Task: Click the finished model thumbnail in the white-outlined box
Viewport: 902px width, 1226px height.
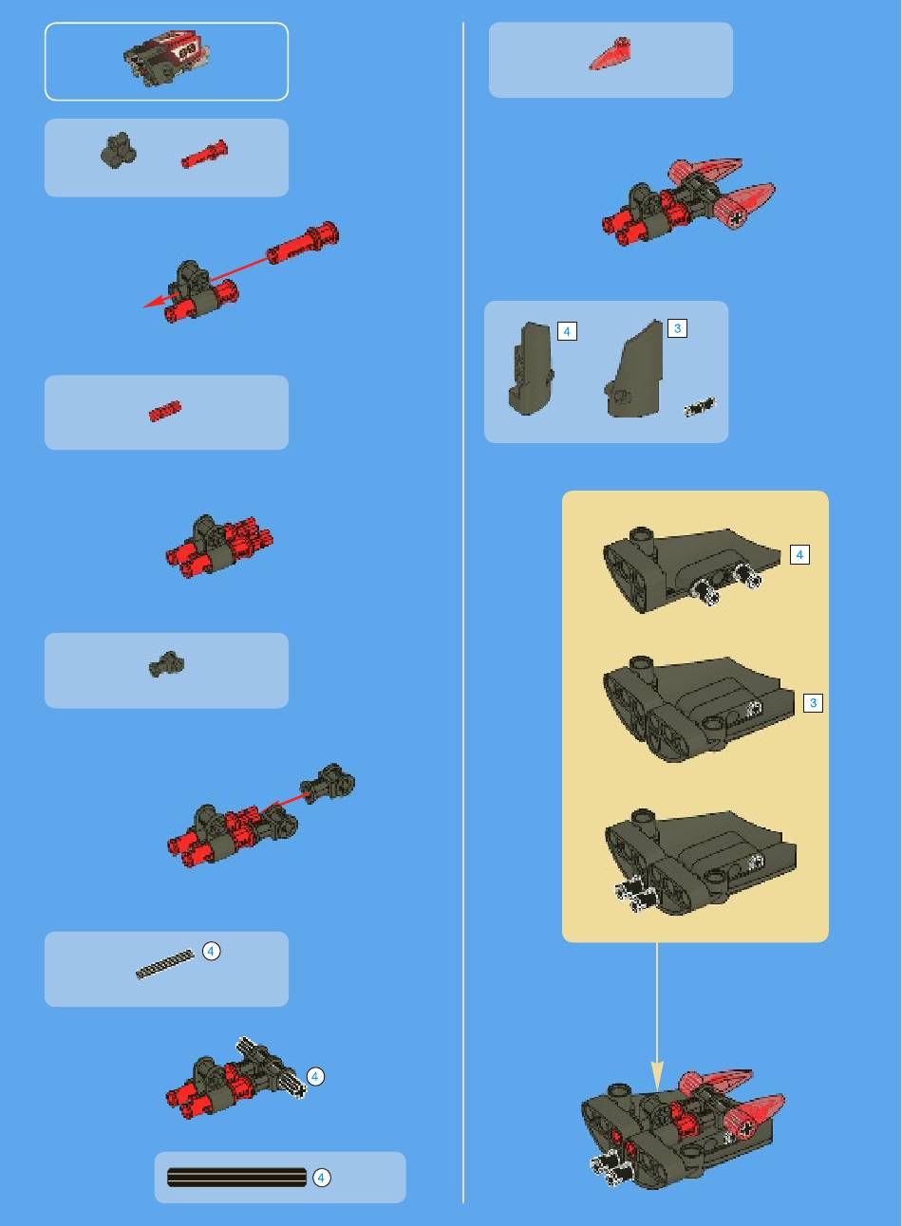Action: pos(166,59)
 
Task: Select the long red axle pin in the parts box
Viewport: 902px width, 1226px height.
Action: pos(204,154)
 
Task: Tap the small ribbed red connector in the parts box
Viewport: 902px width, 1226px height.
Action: pos(165,411)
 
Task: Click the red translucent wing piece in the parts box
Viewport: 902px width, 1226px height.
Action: pos(611,54)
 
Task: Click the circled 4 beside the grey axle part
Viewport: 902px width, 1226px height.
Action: pos(211,951)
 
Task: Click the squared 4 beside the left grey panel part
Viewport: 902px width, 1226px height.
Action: pos(567,331)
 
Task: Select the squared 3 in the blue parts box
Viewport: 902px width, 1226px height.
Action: pos(678,328)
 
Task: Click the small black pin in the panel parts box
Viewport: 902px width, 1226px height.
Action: pos(700,406)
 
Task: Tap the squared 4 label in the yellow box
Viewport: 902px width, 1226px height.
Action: pos(799,554)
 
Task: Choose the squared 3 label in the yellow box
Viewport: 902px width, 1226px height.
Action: pos(814,703)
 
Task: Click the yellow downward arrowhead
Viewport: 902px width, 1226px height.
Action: pos(657,1075)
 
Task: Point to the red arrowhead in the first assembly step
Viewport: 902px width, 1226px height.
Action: pos(155,301)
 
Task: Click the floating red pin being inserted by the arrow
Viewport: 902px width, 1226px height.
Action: pos(303,243)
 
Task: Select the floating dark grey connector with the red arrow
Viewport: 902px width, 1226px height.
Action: pos(328,784)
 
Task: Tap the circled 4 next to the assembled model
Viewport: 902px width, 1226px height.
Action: pos(315,1077)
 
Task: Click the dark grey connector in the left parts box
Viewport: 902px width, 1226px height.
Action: pos(119,151)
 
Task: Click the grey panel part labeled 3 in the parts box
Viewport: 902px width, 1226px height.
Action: pos(633,368)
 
